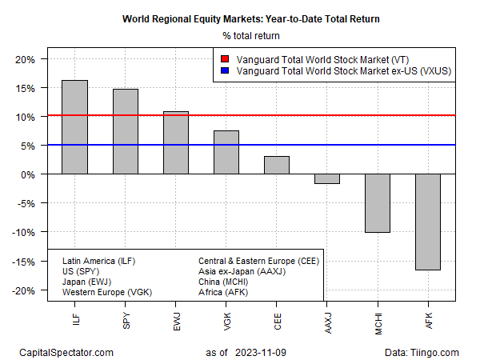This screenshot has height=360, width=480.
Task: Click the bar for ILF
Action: [x=75, y=127]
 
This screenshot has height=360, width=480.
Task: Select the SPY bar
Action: [x=126, y=131]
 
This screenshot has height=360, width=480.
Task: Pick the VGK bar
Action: [x=226, y=152]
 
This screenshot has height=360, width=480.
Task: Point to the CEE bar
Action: [x=277, y=165]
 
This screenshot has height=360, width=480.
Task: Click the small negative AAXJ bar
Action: [x=327, y=179]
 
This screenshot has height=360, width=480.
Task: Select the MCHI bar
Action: [x=378, y=203]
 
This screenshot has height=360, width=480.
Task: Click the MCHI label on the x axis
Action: [x=378, y=318]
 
